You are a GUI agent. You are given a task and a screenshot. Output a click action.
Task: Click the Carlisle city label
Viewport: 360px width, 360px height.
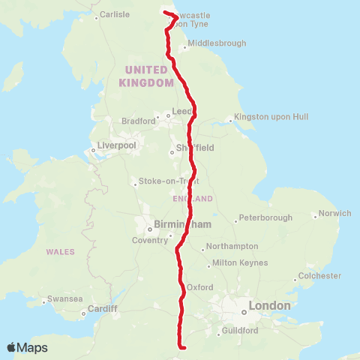click(115, 14)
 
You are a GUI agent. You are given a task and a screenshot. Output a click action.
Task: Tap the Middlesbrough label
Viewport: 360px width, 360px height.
click(217, 43)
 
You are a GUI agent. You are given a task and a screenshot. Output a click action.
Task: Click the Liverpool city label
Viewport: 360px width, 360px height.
click(116, 145)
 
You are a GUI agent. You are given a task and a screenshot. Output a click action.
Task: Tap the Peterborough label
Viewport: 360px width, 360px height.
click(265, 218)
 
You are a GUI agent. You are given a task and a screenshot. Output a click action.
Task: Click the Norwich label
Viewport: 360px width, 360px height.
click(334, 213)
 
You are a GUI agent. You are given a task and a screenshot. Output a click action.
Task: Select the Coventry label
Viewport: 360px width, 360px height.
click(150, 240)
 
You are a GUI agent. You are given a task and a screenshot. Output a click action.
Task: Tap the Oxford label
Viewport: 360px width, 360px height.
click(200, 286)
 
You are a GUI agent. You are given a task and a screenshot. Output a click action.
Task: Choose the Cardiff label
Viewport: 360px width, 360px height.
click(103, 308)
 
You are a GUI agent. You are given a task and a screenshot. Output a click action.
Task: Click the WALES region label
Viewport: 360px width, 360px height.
click(60, 251)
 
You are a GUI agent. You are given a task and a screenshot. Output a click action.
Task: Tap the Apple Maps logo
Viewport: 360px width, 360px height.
click(27, 347)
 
